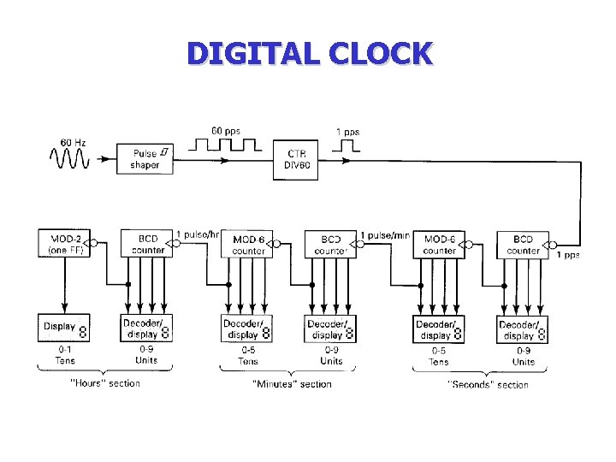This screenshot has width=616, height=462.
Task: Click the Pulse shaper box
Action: [x=145, y=158]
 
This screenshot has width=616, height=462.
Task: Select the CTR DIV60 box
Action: [x=296, y=159]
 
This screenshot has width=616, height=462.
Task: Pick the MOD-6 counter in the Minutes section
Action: [x=248, y=245]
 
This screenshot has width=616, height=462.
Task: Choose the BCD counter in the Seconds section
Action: [x=523, y=245]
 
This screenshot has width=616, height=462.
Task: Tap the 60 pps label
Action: [x=226, y=131]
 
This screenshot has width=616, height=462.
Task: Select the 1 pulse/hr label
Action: [x=198, y=234]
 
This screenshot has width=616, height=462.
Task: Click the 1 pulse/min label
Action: [x=386, y=234]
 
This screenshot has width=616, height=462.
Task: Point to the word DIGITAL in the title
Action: [x=251, y=53]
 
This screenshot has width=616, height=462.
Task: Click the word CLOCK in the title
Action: [x=378, y=53]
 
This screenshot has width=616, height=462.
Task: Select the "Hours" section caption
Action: [x=104, y=383]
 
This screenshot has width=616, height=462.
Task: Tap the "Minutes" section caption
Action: [x=291, y=384]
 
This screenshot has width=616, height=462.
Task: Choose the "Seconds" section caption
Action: [x=489, y=384]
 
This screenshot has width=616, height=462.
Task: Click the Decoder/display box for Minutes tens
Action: [x=247, y=329]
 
